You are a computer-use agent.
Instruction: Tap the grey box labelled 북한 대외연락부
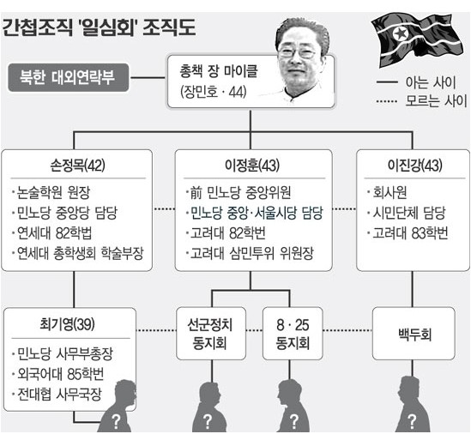click(x=69, y=77)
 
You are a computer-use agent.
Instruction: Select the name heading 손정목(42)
click(x=77, y=166)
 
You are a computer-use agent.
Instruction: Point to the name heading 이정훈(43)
click(x=252, y=166)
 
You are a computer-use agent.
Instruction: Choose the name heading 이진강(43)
click(x=415, y=166)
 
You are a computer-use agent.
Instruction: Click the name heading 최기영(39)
click(x=67, y=324)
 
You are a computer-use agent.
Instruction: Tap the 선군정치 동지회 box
click(x=211, y=334)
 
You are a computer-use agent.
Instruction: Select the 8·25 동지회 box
click(x=293, y=334)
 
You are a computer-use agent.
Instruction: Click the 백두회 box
click(x=414, y=334)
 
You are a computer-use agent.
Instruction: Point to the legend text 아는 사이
click(x=431, y=82)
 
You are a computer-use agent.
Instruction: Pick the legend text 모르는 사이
click(x=436, y=101)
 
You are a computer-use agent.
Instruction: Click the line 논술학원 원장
click(x=51, y=192)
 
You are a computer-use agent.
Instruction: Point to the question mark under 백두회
click(x=412, y=421)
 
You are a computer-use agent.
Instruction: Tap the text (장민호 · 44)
click(x=214, y=92)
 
